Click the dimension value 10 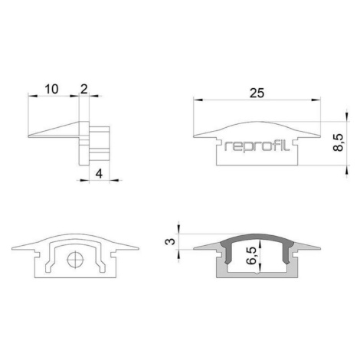(x=51, y=89)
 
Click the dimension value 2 (x=83, y=89)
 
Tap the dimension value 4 (x=99, y=174)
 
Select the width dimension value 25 (x=257, y=93)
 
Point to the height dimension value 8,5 (x=339, y=142)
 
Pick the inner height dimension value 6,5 (x=251, y=255)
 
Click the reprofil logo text (x=257, y=146)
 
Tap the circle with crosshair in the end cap (x=75, y=260)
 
